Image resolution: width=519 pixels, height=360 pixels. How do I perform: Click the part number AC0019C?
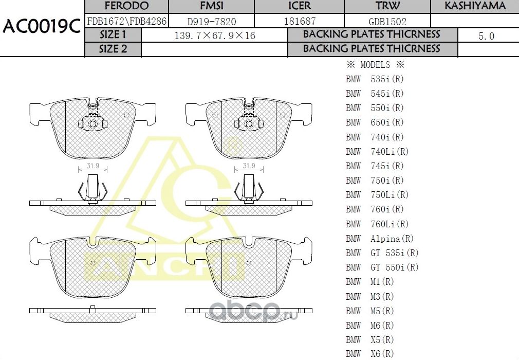(x=42, y=27)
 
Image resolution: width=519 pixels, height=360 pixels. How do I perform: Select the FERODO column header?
(x=126, y=6)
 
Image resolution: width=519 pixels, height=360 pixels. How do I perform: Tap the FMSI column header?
(x=212, y=6)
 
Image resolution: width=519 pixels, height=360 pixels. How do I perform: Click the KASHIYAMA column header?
(x=474, y=6)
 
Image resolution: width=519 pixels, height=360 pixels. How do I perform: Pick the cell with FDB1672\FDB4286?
(x=126, y=21)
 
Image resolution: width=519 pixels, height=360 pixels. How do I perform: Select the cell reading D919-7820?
(x=212, y=21)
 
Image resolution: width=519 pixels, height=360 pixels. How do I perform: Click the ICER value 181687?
(x=300, y=21)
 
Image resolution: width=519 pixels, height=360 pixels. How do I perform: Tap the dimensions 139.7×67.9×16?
(x=215, y=35)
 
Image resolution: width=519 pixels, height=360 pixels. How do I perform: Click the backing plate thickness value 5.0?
(x=486, y=35)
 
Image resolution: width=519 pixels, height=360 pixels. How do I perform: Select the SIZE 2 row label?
(x=113, y=49)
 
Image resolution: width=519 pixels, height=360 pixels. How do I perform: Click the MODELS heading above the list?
(x=375, y=65)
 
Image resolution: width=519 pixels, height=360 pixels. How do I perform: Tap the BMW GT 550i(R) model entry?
(x=382, y=267)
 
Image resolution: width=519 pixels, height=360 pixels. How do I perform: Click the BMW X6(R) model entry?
(x=370, y=354)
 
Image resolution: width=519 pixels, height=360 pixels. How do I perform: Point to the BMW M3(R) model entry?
(x=370, y=296)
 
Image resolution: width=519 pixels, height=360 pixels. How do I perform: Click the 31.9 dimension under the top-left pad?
(x=92, y=166)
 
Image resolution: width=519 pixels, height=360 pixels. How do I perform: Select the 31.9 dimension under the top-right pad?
(x=249, y=166)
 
